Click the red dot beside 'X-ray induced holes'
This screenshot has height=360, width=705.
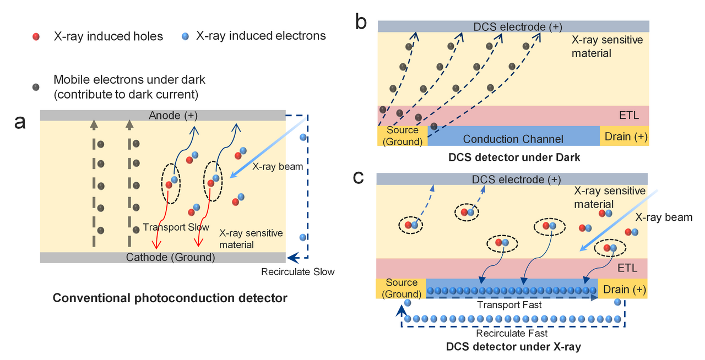[x=36, y=37]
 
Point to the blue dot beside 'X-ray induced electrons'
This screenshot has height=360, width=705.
[x=185, y=36]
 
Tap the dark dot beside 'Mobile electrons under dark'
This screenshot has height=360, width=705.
[x=36, y=87]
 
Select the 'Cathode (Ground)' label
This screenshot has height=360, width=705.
[x=170, y=257]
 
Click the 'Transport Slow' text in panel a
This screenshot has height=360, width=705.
[x=176, y=227]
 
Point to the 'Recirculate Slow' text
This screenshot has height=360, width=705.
[x=297, y=271]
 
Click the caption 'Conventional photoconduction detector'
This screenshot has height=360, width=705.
[x=170, y=298]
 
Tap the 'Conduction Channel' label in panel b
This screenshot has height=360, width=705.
[x=513, y=139]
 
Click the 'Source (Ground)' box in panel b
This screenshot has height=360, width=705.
[x=402, y=136]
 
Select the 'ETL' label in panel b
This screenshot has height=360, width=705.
[x=627, y=116]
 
